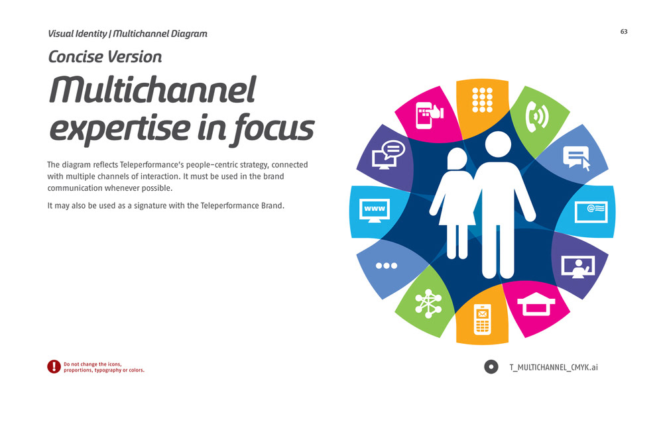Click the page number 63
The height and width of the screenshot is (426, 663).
click(624, 32)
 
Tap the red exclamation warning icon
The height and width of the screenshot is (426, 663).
click(54, 367)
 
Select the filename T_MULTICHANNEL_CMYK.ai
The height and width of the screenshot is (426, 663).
click(554, 367)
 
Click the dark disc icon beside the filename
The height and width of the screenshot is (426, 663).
click(491, 367)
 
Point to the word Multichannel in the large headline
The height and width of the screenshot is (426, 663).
click(152, 89)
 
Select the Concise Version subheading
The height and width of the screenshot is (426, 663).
click(105, 56)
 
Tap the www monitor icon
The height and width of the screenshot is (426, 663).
click(375, 211)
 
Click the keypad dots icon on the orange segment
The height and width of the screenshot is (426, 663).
click(483, 100)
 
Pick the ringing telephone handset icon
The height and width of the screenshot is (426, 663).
click(536, 116)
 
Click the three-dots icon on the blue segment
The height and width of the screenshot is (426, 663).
click(387, 266)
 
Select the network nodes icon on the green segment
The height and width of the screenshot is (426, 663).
click(428, 303)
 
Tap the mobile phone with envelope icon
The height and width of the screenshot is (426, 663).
click(482, 319)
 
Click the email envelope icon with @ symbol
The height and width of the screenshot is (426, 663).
click(591, 212)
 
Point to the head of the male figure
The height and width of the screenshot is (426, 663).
click(498, 144)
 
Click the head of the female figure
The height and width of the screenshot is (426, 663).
click(457, 158)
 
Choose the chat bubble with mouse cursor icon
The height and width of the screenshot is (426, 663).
click(576, 158)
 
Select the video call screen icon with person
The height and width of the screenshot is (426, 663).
click(578, 267)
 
